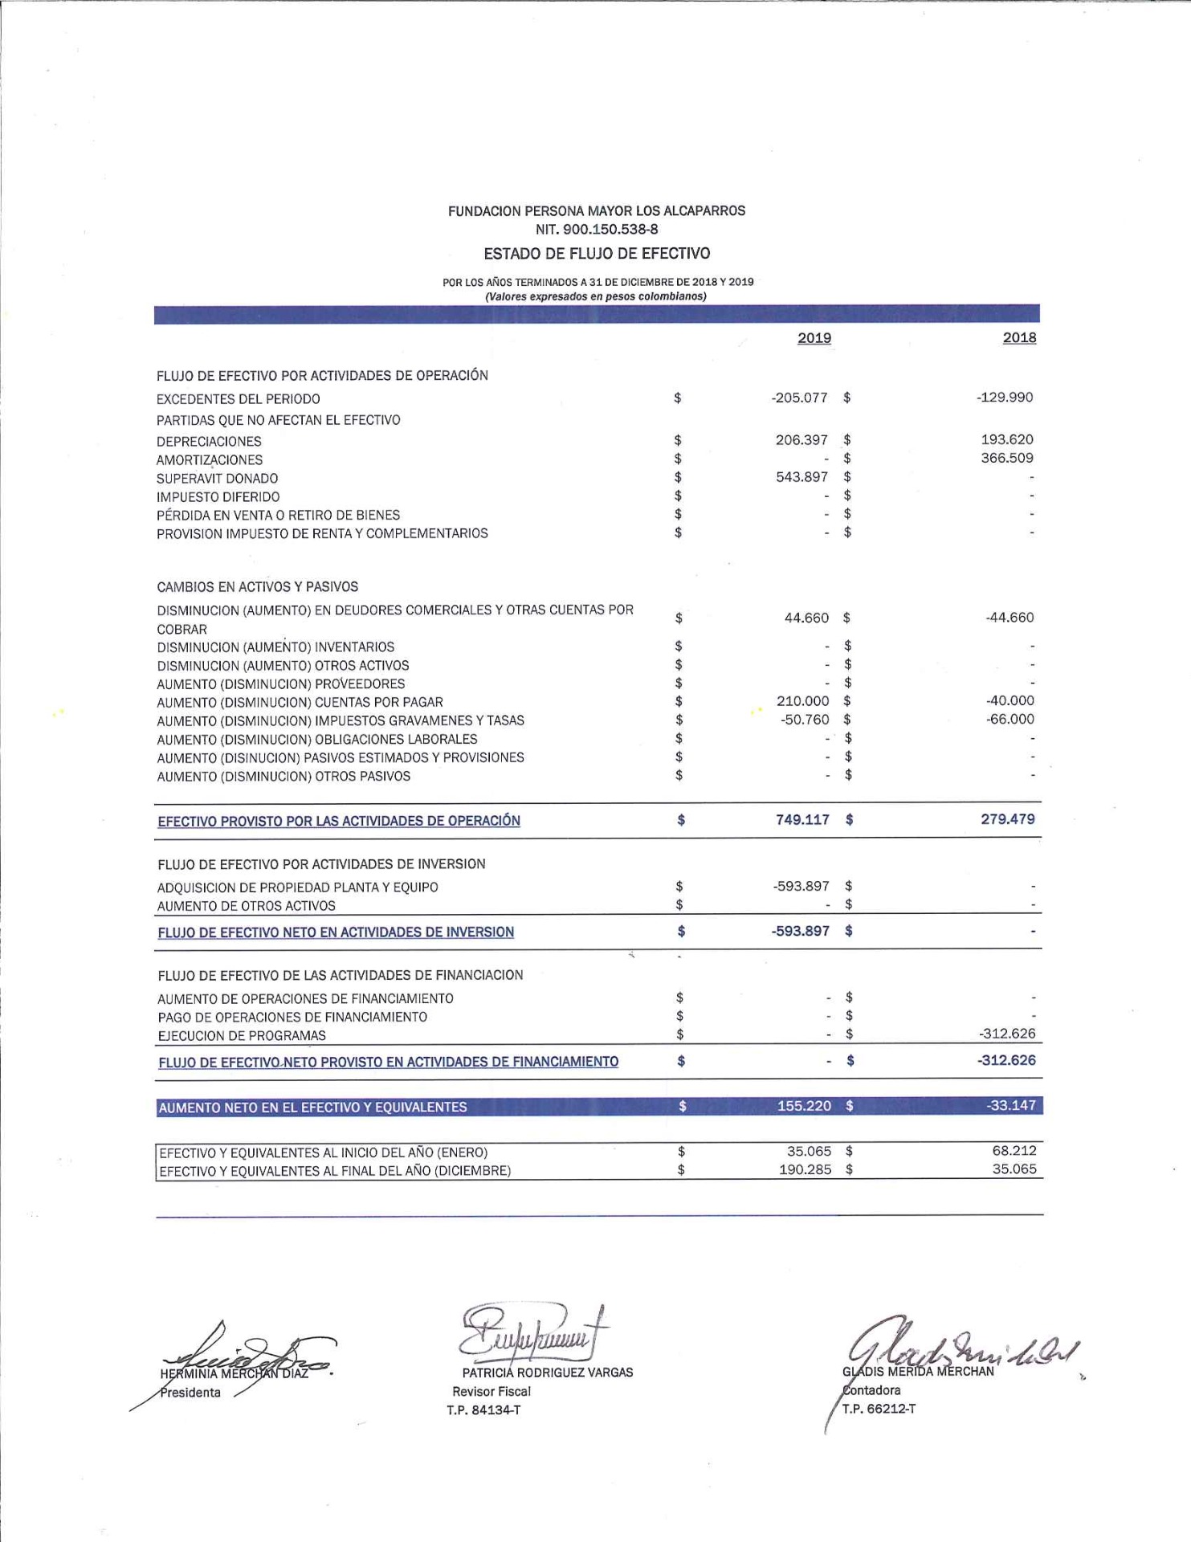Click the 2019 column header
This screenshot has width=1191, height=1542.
click(x=814, y=338)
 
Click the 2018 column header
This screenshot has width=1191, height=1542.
click(x=1019, y=338)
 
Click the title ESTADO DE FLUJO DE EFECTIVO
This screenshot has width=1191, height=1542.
click(x=597, y=254)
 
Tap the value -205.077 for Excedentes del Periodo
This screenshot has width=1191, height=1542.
click(x=799, y=398)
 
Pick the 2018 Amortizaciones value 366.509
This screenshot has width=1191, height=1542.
click(x=1006, y=459)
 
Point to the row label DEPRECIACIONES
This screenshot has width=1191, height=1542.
click(x=209, y=442)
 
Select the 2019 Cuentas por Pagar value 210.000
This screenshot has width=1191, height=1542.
click(x=802, y=701)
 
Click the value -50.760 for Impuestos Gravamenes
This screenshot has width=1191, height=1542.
click(x=805, y=720)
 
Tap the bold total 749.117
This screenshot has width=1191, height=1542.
click(x=802, y=820)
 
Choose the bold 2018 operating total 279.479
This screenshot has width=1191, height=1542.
click(x=1007, y=820)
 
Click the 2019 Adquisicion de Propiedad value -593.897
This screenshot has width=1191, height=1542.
click(x=801, y=887)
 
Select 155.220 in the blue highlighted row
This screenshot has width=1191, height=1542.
click(x=804, y=1106)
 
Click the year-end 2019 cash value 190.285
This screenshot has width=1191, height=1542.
click(x=805, y=1170)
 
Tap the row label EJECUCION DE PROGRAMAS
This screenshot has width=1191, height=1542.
click(x=242, y=1036)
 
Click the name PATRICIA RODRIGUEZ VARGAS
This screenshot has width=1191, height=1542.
click(x=547, y=1373)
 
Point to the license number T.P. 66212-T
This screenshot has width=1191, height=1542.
click(x=879, y=1409)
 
